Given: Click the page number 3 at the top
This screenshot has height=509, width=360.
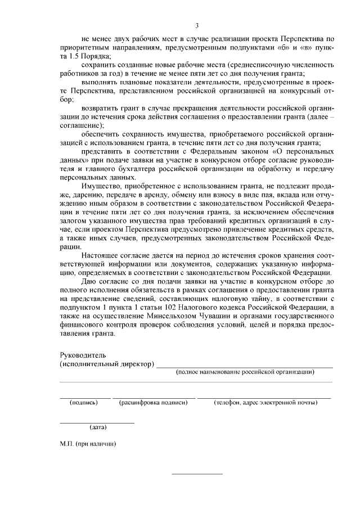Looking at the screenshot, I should [197, 25].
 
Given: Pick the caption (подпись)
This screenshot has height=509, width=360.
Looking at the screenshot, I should [84, 402].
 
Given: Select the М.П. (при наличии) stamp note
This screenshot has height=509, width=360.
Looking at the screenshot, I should [88, 443].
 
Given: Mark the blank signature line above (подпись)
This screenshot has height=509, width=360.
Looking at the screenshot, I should [85, 398].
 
